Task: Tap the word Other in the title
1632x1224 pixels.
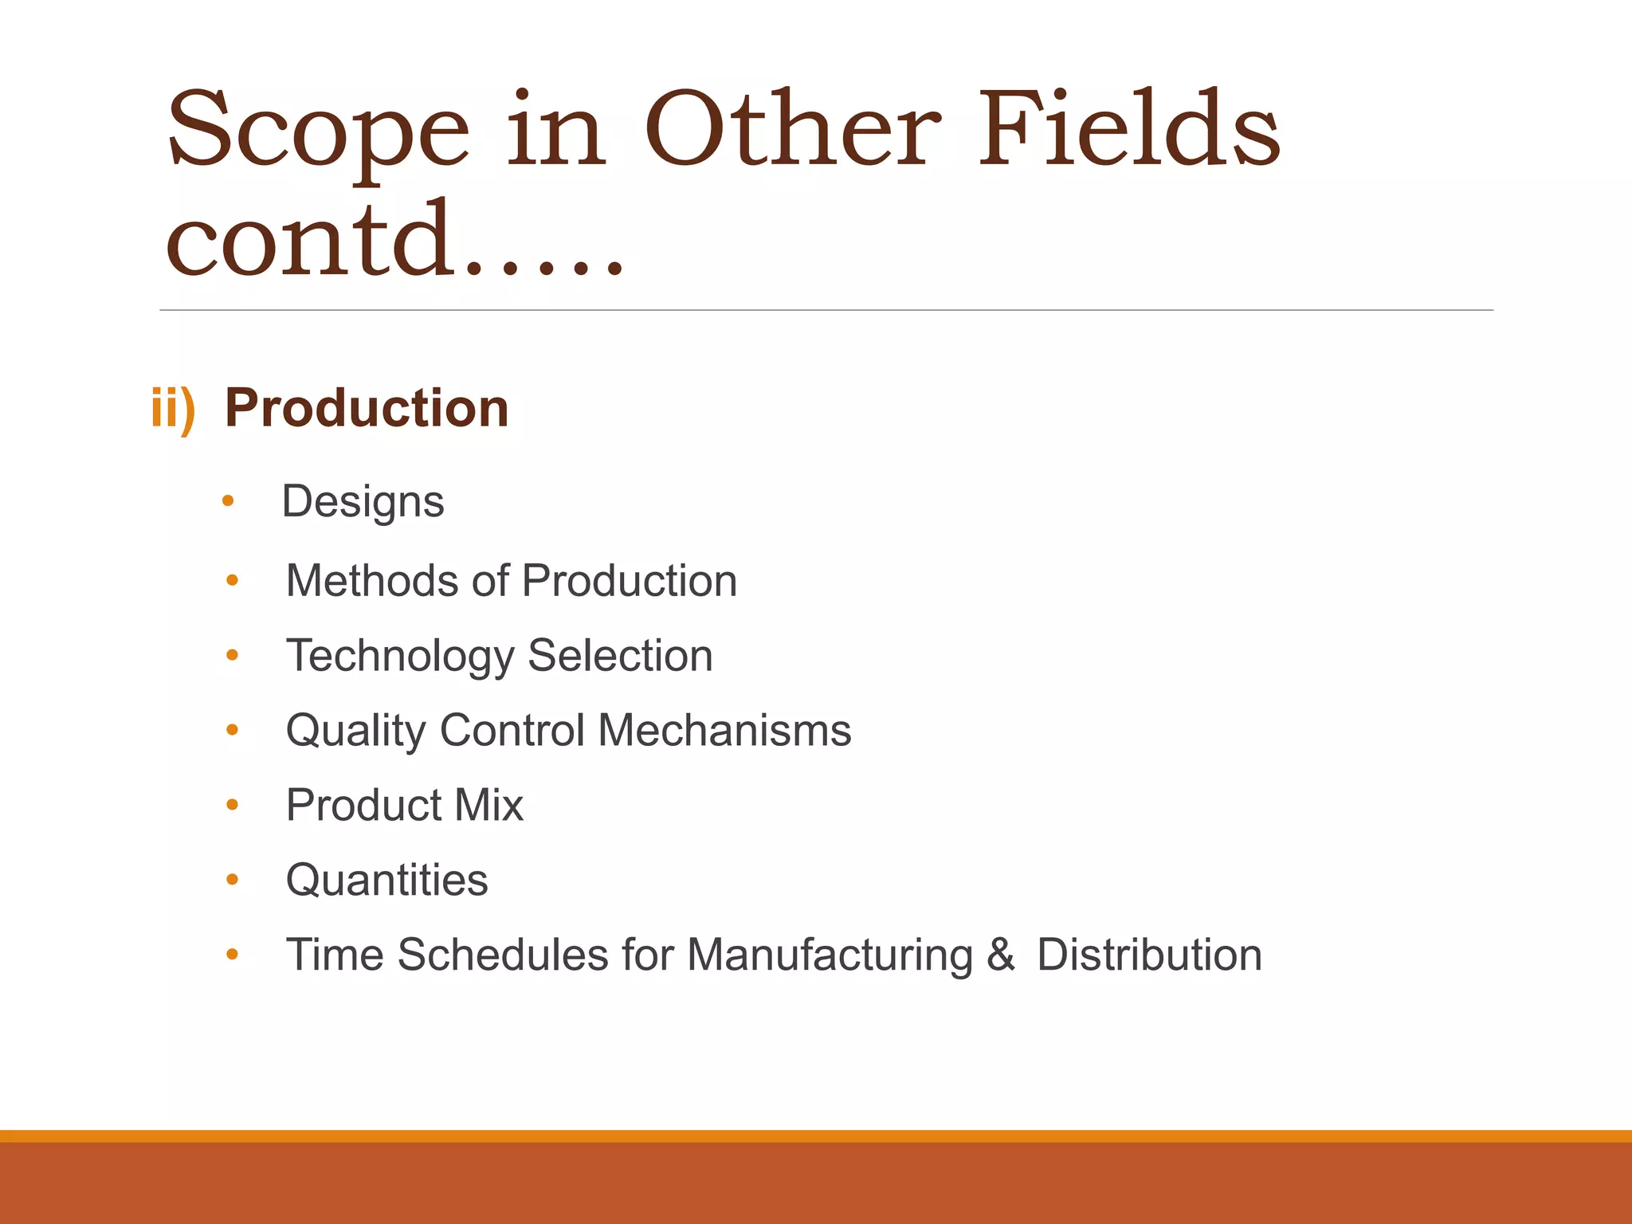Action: (792, 129)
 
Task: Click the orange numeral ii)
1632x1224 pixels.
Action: (173, 408)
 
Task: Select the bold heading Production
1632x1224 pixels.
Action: (367, 408)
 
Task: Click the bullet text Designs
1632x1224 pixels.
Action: (363, 502)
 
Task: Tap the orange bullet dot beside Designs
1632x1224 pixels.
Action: (228, 501)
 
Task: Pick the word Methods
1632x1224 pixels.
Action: (371, 580)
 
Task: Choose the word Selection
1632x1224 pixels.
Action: (620, 656)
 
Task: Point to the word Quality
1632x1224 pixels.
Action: (356, 731)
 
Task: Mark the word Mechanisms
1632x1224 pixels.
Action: (724, 730)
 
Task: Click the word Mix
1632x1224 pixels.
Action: (488, 805)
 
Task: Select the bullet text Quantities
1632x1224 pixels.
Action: (386, 880)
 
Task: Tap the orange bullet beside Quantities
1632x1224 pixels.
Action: (232, 880)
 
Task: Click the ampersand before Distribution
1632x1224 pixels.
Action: (1000, 955)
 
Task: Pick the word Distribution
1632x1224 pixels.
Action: (1149, 955)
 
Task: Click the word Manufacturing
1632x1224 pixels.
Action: (830, 955)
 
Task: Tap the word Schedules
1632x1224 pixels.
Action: (503, 955)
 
